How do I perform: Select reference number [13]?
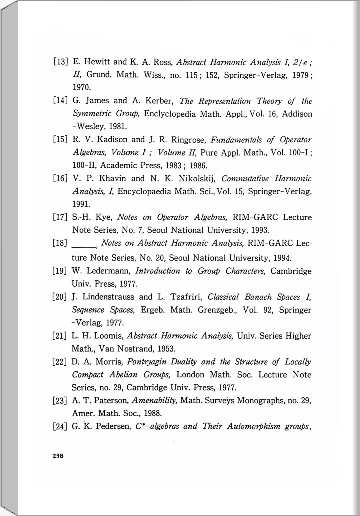[x=60, y=62]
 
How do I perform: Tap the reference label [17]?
[x=60, y=217]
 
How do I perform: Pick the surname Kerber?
[x=158, y=101]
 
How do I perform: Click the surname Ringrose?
[x=189, y=139]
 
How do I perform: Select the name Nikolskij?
[x=197, y=178]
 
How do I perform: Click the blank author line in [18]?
[x=85, y=243]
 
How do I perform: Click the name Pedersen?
[x=113, y=427]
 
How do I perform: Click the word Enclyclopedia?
[x=170, y=114]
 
